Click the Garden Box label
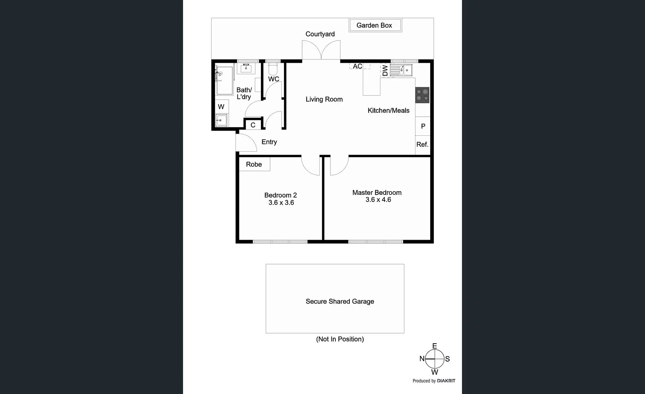tap(374, 25)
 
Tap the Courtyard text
tap(320, 34)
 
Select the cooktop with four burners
tap(422, 95)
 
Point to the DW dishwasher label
tap(385, 70)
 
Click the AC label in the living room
tap(357, 66)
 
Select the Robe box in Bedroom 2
tap(254, 164)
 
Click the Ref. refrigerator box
tap(422, 145)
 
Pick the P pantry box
tap(423, 126)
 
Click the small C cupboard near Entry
tap(253, 125)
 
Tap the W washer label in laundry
tap(221, 107)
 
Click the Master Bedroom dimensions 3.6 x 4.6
tap(378, 200)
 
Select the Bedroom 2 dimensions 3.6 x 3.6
tap(281, 203)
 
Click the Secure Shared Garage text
tap(339, 301)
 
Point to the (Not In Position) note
tap(339, 339)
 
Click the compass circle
tap(435, 359)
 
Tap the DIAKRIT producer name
tap(446, 381)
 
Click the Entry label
tap(269, 142)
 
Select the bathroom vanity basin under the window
tap(246, 68)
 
